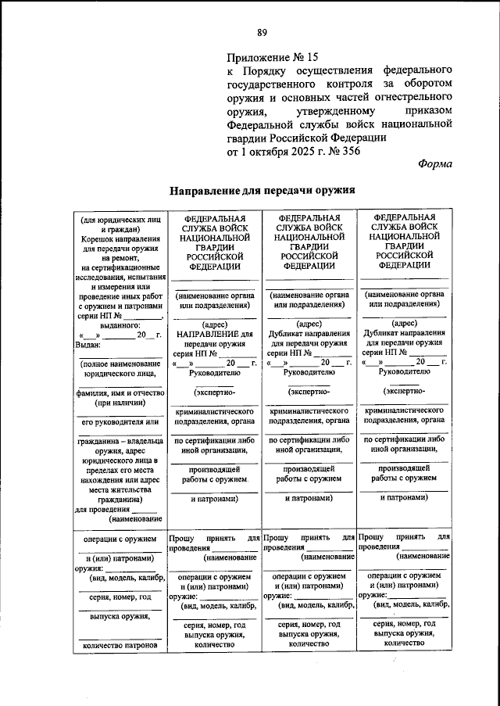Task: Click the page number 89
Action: [262, 32]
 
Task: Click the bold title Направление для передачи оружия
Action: [263, 190]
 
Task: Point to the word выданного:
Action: [120, 324]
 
